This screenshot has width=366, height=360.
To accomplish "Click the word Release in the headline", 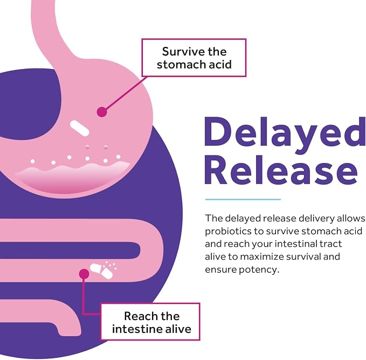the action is pos(281,169).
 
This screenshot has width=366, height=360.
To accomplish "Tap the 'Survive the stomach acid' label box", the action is pos(194,58).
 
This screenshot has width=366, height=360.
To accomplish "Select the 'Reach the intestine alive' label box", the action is pos(150,322).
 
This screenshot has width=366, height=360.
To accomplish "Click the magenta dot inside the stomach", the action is pos(102,112).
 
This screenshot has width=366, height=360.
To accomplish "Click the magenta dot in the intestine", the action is pos(84,274).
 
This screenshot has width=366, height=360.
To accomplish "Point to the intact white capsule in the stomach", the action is pos(80,128).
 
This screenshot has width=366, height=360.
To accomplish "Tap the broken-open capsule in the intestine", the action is pos(102,270).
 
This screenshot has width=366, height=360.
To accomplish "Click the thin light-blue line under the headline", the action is pos(243,199).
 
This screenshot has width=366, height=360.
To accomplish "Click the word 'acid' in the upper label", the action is pos(220,64).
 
